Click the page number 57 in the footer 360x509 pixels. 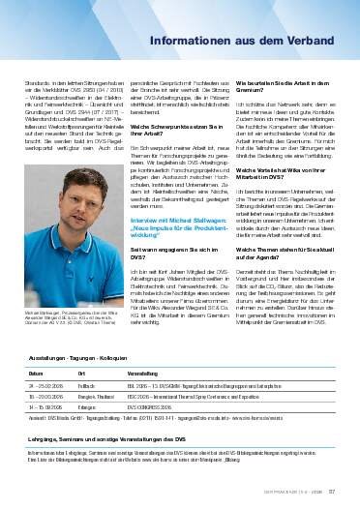point(331,501)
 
